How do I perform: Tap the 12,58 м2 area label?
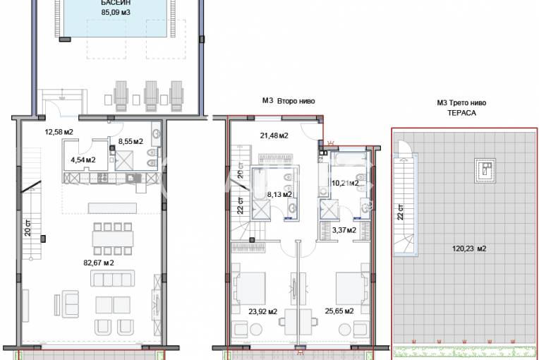[x=59, y=132]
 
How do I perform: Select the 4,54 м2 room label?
[x=83, y=160]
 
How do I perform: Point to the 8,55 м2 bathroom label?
[x=131, y=141]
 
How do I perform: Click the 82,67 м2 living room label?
[x=99, y=263]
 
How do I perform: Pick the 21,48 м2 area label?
[x=274, y=136]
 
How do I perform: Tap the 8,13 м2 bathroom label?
[x=279, y=195]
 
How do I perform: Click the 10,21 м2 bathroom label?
[x=345, y=184]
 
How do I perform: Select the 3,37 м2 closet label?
[x=344, y=230]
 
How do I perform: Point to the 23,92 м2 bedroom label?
[x=263, y=312]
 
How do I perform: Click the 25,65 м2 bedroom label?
[x=339, y=311]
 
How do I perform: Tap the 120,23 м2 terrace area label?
[x=469, y=248]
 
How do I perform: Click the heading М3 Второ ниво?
[x=289, y=101]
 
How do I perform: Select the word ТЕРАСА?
[x=461, y=113]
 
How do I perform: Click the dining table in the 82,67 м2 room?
[x=113, y=239]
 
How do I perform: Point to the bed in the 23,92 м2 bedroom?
[x=249, y=289]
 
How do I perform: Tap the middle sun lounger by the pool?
[x=151, y=96]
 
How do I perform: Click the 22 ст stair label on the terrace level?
[x=401, y=212]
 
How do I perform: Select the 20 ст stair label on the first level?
[x=28, y=227]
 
